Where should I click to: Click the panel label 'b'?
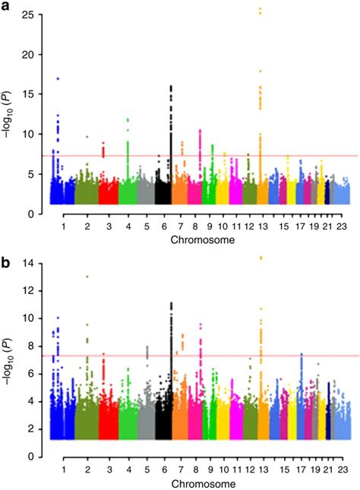click(8, 253)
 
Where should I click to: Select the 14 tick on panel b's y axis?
click(35, 263)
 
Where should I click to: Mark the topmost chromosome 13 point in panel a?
click(261, 8)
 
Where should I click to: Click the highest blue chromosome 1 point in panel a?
click(58, 78)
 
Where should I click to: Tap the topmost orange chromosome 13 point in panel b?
click(261, 258)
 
